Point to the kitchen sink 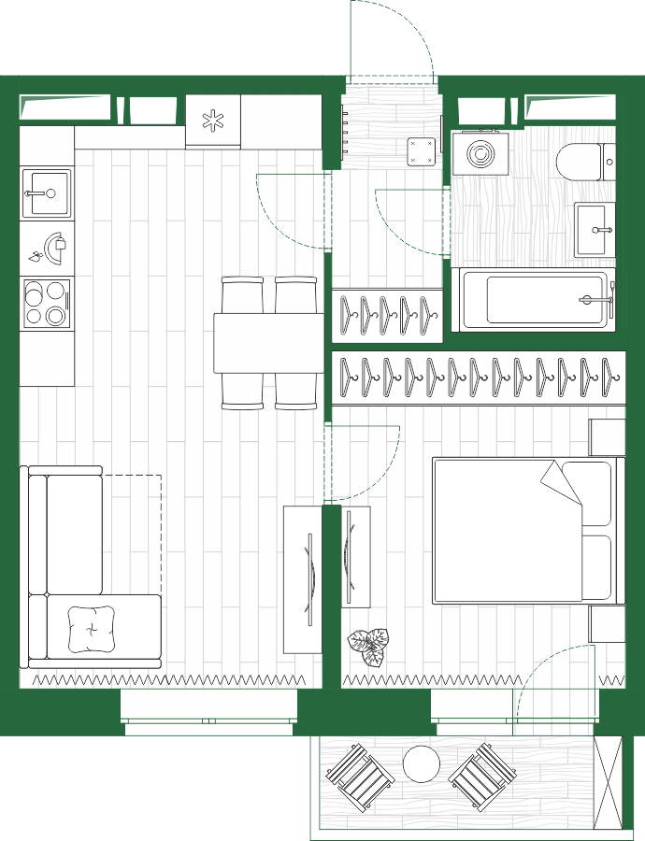(x=46, y=193)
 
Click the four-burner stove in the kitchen (x=47, y=303)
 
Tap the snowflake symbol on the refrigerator (x=214, y=121)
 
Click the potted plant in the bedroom (x=368, y=646)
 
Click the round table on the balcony (x=422, y=764)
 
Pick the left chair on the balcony (x=359, y=776)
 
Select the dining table (x=267, y=343)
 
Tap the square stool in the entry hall (x=423, y=151)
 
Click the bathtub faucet (x=596, y=300)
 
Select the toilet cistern (x=609, y=162)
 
